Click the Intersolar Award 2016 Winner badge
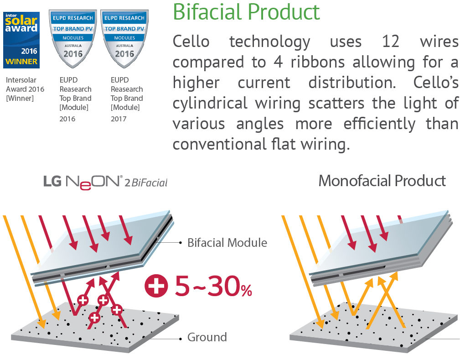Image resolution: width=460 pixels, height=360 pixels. pos(21,40)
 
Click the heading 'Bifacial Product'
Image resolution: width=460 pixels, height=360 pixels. pos(246,12)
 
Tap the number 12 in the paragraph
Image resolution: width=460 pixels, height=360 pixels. pos(390,42)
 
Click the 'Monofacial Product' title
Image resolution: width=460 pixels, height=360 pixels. pos(382,181)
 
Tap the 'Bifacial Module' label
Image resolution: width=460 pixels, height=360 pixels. pos(227,243)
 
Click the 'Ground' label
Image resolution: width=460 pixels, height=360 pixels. pos(207,337)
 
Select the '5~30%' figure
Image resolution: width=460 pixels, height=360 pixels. pos(213,286)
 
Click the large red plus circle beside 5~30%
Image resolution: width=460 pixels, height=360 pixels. pos(156,286)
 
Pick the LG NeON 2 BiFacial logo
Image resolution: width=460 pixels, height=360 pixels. pos(105,183)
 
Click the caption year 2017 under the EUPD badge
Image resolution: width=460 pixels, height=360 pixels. pos(119,119)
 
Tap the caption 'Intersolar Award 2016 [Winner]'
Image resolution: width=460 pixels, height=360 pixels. pos(25,89)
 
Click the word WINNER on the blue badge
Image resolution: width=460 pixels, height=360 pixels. pos(21,62)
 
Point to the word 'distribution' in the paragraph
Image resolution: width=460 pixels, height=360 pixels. pos(352,83)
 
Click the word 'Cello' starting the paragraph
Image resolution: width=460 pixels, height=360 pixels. pos(191,42)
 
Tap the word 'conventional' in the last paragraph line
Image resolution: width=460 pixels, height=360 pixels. pos(220,144)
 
